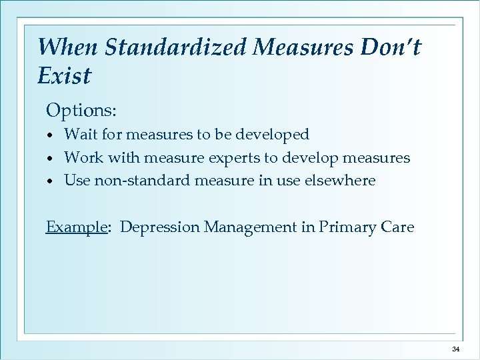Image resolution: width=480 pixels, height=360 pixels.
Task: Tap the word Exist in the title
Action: click(64, 75)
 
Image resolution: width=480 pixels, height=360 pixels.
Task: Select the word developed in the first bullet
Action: click(275, 135)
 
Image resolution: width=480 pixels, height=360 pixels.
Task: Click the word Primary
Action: click(347, 227)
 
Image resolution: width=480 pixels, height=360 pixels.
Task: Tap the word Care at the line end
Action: click(397, 227)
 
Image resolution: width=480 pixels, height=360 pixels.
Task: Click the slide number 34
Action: click(456, 349)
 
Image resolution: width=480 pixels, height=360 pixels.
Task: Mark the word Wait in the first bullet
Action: click(80, 135)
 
